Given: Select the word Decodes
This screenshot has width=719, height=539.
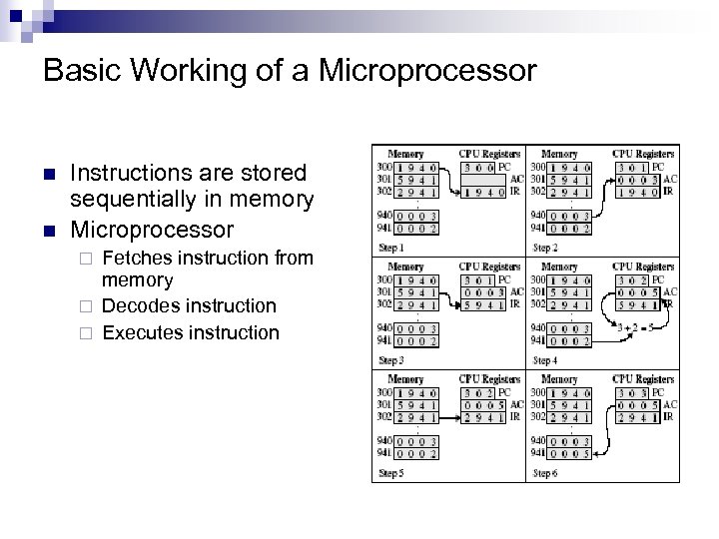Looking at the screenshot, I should click(x=139, y=305).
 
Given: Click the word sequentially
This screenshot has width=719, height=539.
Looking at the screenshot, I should click(x=133, y=200).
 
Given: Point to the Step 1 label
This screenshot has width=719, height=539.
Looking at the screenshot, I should click(x=391, y=248).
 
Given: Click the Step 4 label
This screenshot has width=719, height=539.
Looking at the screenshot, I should click(x=545, y=359).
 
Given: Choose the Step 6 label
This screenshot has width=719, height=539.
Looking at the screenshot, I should click(x=545, y=472).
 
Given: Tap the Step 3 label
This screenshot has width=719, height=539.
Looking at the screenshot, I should click(x=391, y=359).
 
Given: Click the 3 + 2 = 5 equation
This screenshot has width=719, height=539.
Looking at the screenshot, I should click(x=636, y=326).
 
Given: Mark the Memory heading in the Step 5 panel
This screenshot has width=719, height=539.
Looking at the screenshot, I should click(x=406, y=379).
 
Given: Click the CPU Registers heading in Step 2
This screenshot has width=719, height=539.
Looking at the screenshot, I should click(x=643, y=154).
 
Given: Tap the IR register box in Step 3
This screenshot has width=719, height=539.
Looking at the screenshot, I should click(x=483, y=303).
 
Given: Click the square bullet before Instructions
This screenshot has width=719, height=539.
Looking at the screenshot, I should click(x=50, y=174).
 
